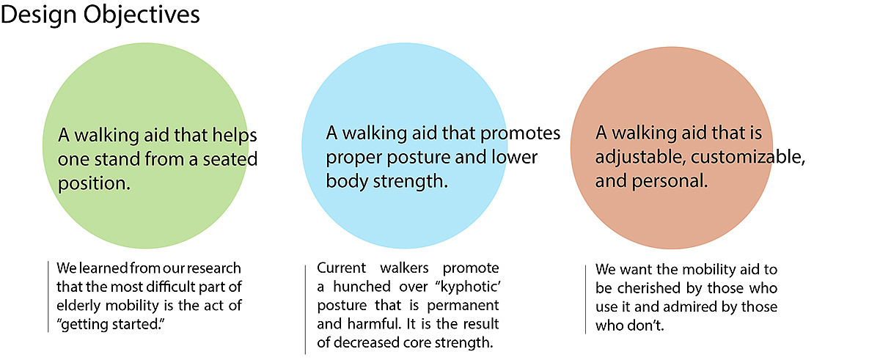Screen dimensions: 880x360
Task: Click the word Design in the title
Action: click(x=38, y=15)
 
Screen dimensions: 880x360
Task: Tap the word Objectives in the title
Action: click(x=142, y=15)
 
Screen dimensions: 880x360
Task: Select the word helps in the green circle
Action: click(x=235, y=136)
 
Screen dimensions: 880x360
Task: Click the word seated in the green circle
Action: click(x=230, y=159)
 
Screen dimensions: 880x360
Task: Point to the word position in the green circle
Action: click(x=94, y=184)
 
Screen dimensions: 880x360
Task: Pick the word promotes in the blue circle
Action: click(x=520, y=134)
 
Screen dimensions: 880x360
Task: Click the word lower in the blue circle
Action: click(x=514, y=157)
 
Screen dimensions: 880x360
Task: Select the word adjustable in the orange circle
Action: click(x=641, y=158)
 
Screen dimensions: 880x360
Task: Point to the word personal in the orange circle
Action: click(x=670, y=182)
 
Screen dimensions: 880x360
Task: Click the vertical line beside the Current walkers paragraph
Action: click(x=305, y=309)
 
